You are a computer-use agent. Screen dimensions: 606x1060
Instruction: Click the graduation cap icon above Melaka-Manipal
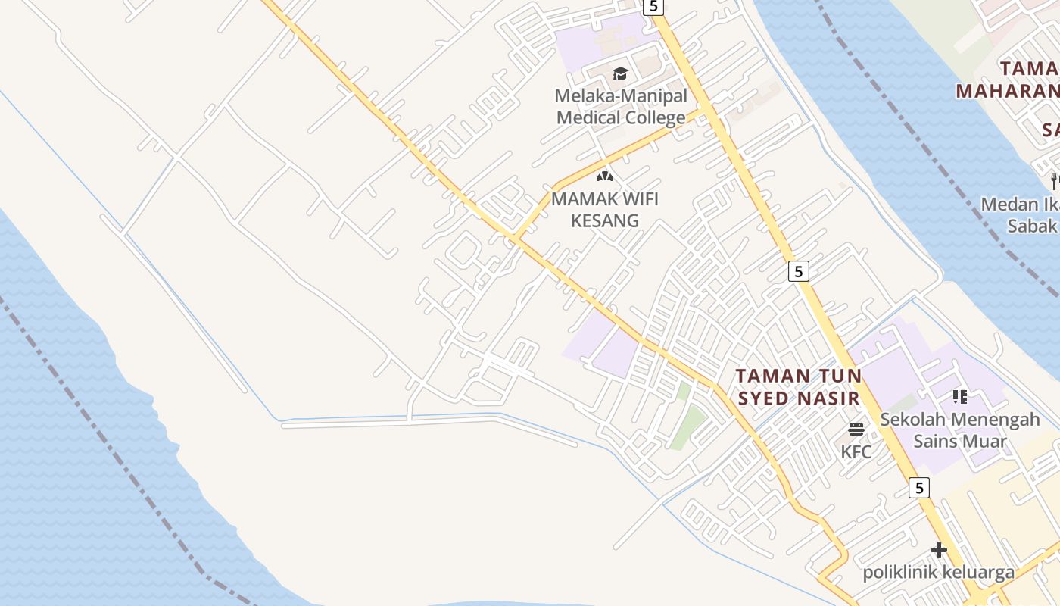point(620,73)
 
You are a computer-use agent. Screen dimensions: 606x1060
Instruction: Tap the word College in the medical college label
point(655,117)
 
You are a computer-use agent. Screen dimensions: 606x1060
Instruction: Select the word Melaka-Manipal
point(621,96)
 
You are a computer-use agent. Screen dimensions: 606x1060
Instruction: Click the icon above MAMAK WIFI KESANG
point(604,176)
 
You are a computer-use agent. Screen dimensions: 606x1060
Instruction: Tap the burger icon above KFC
point(856,430)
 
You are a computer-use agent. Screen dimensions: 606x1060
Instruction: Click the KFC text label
point(856,452)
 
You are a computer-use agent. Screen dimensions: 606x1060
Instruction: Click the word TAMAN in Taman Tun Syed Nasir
point(766,376)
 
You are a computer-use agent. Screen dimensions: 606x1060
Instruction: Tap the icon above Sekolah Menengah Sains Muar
point(960,396)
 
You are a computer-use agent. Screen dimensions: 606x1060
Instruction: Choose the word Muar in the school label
point(987,441)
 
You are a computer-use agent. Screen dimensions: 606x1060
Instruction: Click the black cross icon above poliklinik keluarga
point(939,550)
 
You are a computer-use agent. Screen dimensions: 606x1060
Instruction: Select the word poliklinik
point(899,573)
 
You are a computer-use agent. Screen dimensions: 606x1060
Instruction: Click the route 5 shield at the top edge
point(653,7)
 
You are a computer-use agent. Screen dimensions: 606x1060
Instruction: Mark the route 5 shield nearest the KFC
point(918,488)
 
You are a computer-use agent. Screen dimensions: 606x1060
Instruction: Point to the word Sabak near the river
point(1031,226)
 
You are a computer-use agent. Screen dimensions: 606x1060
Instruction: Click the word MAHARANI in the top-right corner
point(1006,91)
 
